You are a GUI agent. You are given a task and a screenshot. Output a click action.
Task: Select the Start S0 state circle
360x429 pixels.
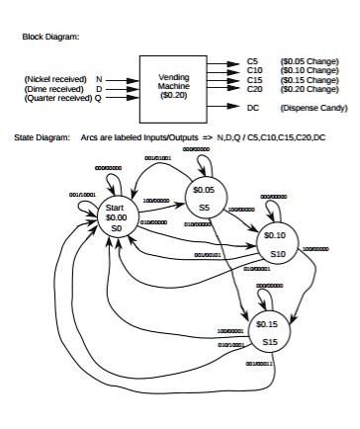point(116,218)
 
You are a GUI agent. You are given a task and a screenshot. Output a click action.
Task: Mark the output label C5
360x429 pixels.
point(252,61)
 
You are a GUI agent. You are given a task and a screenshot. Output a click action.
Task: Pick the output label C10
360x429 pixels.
point(254,70)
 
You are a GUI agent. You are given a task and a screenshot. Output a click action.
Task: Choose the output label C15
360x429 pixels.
point(254,79)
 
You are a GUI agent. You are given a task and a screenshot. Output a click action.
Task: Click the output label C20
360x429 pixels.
point(254,88)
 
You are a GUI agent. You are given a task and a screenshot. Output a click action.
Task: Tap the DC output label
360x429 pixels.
point(253,106)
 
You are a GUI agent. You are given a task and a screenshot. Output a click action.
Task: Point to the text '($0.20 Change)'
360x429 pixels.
point(309,88)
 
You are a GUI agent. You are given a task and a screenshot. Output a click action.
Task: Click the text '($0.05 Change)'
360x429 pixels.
point(309,61)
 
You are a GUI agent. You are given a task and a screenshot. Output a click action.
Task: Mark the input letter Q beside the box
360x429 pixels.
point(98,98)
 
